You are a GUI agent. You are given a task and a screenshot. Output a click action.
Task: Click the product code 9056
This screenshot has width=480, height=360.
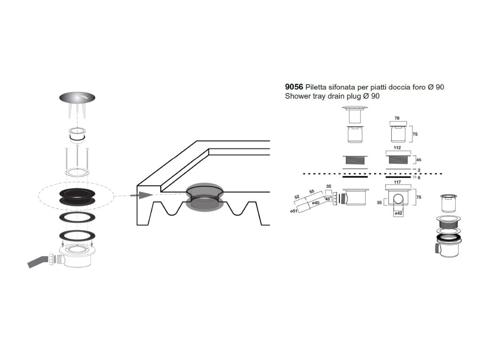(294, 87)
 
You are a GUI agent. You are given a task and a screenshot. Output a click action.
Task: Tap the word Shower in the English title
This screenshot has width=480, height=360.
(297, 96)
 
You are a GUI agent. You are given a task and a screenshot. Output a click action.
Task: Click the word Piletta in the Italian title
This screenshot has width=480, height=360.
(318, 87)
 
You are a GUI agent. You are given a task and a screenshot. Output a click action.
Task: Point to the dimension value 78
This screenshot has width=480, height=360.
(397, 119)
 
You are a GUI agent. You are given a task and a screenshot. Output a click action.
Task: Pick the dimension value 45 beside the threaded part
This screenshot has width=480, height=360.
(419, 160)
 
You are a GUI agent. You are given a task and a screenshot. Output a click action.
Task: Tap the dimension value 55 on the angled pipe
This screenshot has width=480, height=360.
(311, 192)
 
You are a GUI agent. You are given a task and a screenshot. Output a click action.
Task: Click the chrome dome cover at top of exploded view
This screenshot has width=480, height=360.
(78, 97)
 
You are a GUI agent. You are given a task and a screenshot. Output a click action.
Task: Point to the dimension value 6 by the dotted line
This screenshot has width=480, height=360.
(419, 178)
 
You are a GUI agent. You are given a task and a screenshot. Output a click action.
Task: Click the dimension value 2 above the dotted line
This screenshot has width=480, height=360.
(419, 170)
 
